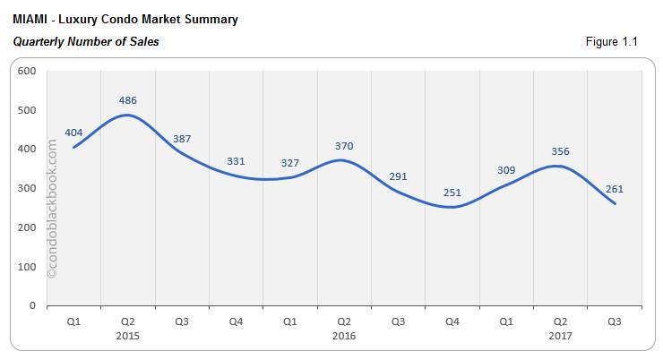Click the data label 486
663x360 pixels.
tap(127, 99)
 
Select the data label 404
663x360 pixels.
tap(73, 132)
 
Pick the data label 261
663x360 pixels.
tap(614, 189)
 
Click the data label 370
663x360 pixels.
tap(344, 145)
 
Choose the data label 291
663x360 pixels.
tap(398, 176)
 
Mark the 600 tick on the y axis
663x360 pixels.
tap(27, 71)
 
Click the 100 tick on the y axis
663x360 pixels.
tap(27, 267)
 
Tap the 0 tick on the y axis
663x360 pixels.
tap(32, 306)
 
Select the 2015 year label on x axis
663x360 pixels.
tap(127, 337)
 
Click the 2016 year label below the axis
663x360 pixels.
tap(344, 337)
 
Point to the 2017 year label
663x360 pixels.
tap(560, 337)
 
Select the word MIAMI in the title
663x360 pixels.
tap(31, 19)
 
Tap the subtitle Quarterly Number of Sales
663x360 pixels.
tap(86, 41)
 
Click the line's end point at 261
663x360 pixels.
tap(615, 203)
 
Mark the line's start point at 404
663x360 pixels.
tap(73, 147)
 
